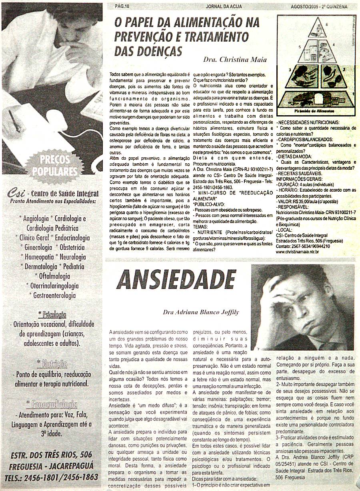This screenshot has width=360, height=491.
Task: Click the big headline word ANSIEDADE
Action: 175,279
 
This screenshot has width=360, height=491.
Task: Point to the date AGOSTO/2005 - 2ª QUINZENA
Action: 319,6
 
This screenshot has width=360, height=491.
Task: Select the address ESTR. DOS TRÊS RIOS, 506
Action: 51,455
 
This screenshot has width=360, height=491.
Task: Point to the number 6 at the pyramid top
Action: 326,25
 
